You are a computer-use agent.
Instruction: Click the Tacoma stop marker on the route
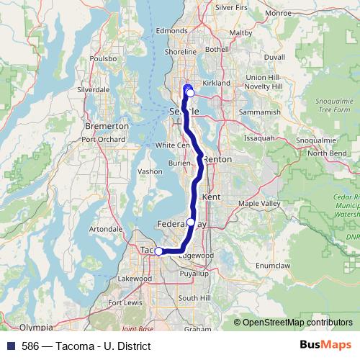point(158,251)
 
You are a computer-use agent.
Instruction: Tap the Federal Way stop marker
point(191,222)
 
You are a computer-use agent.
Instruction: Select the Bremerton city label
point(107,125)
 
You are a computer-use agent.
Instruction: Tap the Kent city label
point(212,197)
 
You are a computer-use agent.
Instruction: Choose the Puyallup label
point(194,274)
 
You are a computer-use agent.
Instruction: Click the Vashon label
point(150,172)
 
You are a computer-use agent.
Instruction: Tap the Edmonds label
point(171,31)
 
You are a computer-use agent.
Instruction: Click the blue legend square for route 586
point(8,346)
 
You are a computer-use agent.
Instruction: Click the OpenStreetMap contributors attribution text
point(295,323)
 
